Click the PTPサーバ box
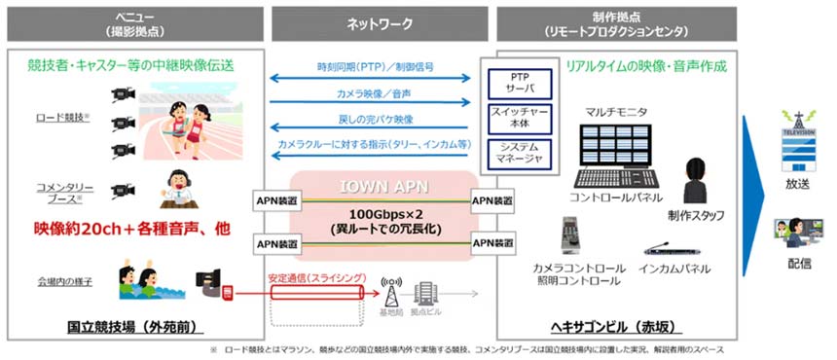click(520, 82)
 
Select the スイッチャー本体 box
click(520, 117)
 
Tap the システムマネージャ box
click(520, 152)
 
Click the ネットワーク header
click(378, 21)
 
